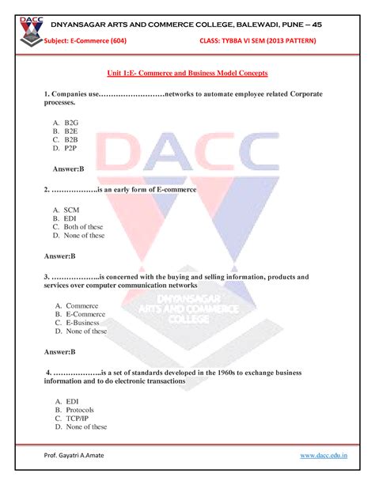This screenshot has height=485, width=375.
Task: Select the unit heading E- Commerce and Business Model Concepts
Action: [187, 72]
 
